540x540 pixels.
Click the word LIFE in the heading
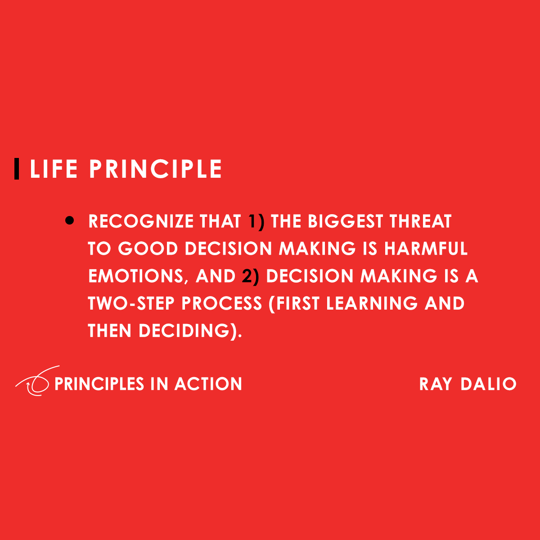[x=54, y=169]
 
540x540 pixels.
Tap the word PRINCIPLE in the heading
[x=155, y=169]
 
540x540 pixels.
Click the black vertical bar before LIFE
[x=17, y=169]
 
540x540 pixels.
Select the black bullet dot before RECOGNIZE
[x=69, y=220]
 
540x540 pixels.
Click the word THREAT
[x=420, y=221]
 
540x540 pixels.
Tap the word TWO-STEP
[x=131, y=304]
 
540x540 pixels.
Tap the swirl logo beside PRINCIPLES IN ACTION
[x=34, y=382]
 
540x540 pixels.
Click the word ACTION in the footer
[x=208, y=384]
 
